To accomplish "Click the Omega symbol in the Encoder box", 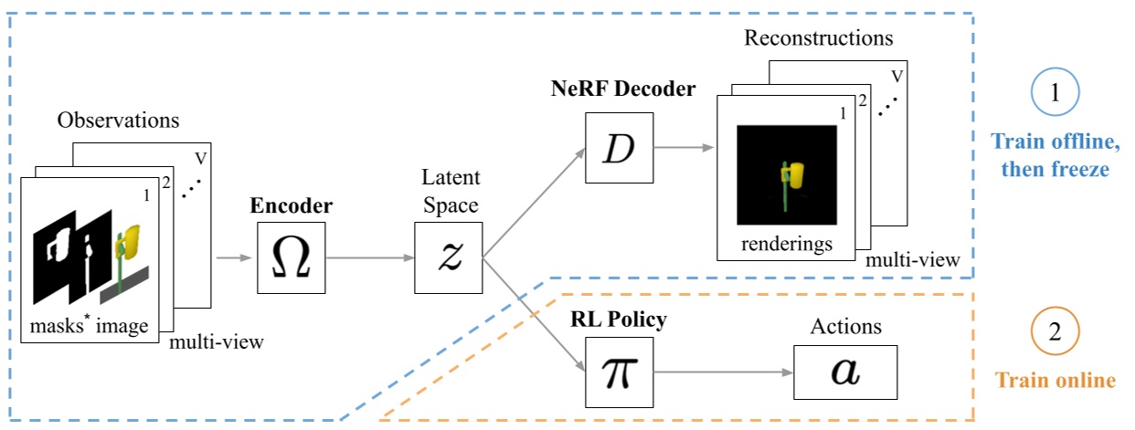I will point(292,258).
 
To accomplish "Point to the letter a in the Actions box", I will point(840,372).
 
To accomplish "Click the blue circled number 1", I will point(1055,94).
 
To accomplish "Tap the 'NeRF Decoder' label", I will point(623,89).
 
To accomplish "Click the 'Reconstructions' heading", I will point(818,38).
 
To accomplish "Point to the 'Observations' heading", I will point(119,121).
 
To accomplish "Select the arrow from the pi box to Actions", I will point(722,372).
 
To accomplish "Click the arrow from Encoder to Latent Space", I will point(369,258).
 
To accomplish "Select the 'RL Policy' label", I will point(618,320).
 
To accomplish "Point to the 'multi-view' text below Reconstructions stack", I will point(913,260).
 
